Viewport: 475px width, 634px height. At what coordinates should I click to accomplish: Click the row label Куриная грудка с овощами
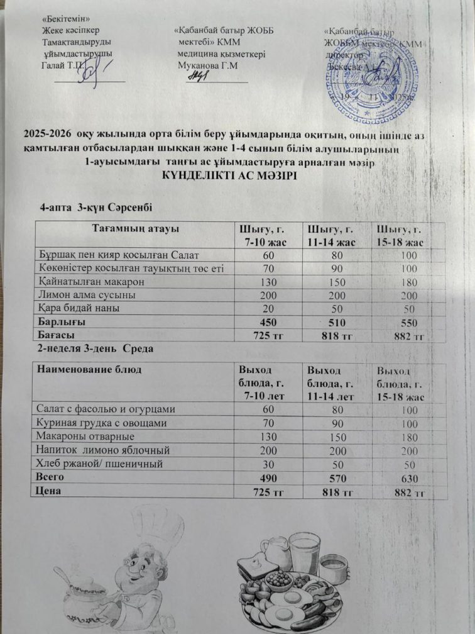point(101,422)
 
